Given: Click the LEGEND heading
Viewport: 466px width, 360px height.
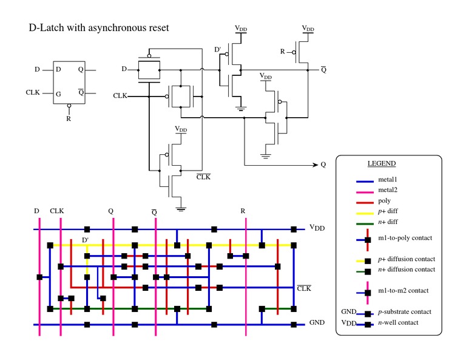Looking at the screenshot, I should tap(381, 164).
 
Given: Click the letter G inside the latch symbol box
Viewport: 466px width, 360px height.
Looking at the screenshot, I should tap(58, 93).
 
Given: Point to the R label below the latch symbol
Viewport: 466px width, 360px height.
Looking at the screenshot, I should tap(69, 118).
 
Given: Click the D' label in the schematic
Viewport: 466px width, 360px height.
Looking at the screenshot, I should tap(218, 50).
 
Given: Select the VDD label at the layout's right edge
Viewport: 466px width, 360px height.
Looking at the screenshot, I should tap(317, 228).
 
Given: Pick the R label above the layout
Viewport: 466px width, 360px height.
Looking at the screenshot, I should tap(243, 211).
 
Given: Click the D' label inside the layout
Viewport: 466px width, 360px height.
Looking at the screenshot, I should tap(86, 240).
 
